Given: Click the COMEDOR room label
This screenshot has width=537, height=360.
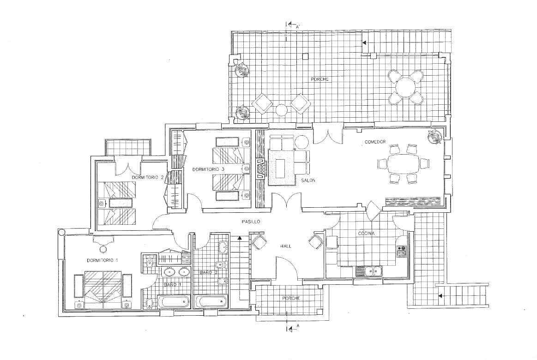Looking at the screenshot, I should [x=375, y=142].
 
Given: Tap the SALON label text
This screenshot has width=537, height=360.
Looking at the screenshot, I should [x=308, y=180].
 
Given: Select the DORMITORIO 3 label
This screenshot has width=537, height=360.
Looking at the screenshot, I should [x=208, y=170].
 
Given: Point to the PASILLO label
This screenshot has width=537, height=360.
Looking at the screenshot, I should [x=251, y=222].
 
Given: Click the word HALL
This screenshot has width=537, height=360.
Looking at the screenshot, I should [x=285, y=246].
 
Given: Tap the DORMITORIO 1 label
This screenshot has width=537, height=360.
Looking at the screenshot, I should [x=102, y=261].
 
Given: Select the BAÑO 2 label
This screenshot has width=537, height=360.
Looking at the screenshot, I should [x=208, y=273].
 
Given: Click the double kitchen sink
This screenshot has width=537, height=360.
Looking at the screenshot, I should [x=374, y=271].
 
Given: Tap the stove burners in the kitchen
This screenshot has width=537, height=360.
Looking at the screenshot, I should [x=401, y=251].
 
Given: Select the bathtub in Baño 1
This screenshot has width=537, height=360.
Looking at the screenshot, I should [x=174, y=302].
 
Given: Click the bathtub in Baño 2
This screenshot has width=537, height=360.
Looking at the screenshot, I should [x=211, y=302].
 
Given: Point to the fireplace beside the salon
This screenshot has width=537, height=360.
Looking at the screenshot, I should [x=261, y=169].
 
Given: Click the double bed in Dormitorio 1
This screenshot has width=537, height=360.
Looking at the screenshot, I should [x=103, y=289].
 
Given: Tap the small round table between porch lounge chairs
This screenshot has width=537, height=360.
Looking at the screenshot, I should [x=281, y=110].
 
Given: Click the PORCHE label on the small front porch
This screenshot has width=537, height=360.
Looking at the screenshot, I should [x=291, y=299].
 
